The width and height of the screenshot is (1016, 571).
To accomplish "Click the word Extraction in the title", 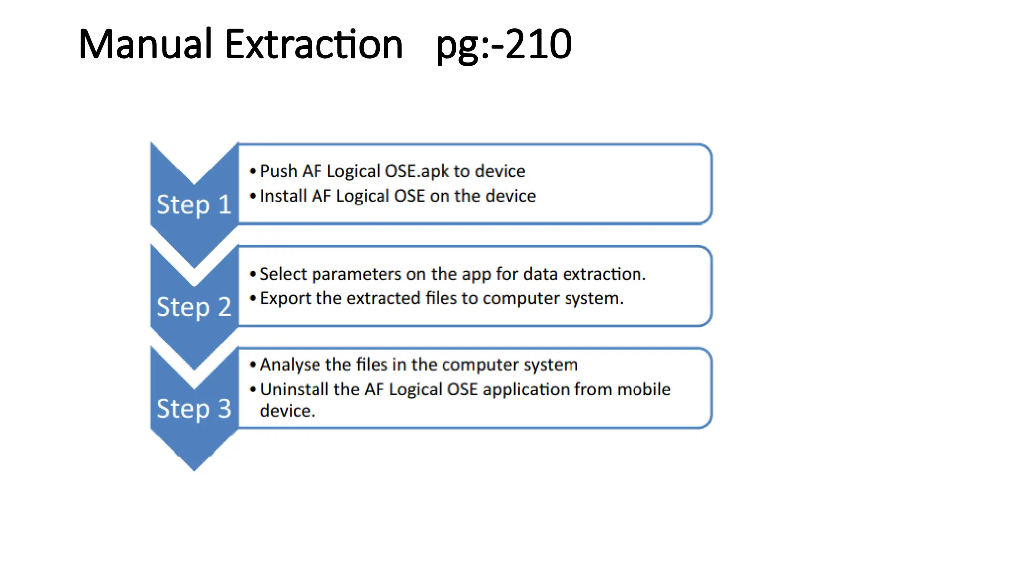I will click(x=314, y=45).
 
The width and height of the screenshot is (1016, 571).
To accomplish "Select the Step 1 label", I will click(x=193, y=204).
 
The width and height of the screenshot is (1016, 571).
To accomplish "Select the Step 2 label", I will click(x=193, y=307).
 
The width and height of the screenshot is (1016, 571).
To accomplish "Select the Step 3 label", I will click(x=193, y=409).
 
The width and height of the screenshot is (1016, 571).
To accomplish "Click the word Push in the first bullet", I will click(x=278, y=171).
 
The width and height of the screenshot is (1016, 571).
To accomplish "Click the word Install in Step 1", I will click(x=283, y=196).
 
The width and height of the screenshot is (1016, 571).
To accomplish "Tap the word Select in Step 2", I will click(x=283, y=274).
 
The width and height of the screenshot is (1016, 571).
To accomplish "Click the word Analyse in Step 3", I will click(x=290, y=365).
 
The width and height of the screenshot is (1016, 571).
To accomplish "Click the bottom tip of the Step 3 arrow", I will click(x=194, y=468).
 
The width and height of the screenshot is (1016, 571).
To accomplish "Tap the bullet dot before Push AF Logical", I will click(x=253, y=171).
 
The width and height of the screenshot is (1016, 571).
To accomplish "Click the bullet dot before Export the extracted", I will click(x=253, y=298).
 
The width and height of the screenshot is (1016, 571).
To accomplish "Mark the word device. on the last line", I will click(x=287, y=411).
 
